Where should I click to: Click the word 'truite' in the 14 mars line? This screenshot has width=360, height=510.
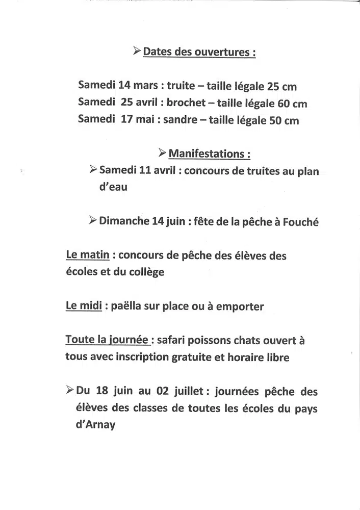[x=181, y=85]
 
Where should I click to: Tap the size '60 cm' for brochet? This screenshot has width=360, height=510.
[x=292, y=104]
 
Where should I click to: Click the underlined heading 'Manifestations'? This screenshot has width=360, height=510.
[x=209, y=154]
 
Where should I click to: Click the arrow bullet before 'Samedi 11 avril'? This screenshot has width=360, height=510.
[x=93, y=169]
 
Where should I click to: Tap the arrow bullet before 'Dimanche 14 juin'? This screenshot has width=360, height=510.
[x=92, y=220]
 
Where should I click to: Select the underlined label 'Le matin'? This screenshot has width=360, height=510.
[x=87, y=254]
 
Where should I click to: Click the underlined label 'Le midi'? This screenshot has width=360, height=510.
[x=84, y=306]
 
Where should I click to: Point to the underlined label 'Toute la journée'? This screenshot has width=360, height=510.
[x=107, y=340]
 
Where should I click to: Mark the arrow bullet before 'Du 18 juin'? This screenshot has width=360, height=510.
[x=70, y=391]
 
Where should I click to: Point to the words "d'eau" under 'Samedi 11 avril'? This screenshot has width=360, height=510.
[x=113, y=187]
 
